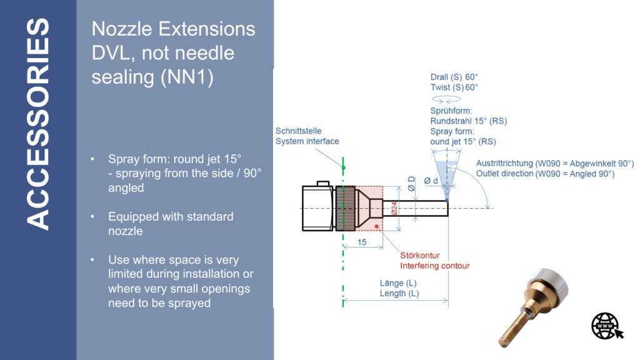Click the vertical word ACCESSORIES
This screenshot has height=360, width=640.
pos(38,124)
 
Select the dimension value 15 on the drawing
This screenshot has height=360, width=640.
pos(362,242)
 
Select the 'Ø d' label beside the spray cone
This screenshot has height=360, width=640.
pos(431,181)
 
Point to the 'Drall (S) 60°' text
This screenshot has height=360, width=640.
pos(454,77)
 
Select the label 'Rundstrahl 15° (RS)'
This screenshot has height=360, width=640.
pos(468,121)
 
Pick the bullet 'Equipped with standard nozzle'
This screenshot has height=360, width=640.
pos(170,224)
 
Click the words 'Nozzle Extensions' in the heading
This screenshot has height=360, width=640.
pos(173,29)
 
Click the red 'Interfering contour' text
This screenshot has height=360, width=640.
pos(434,266)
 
